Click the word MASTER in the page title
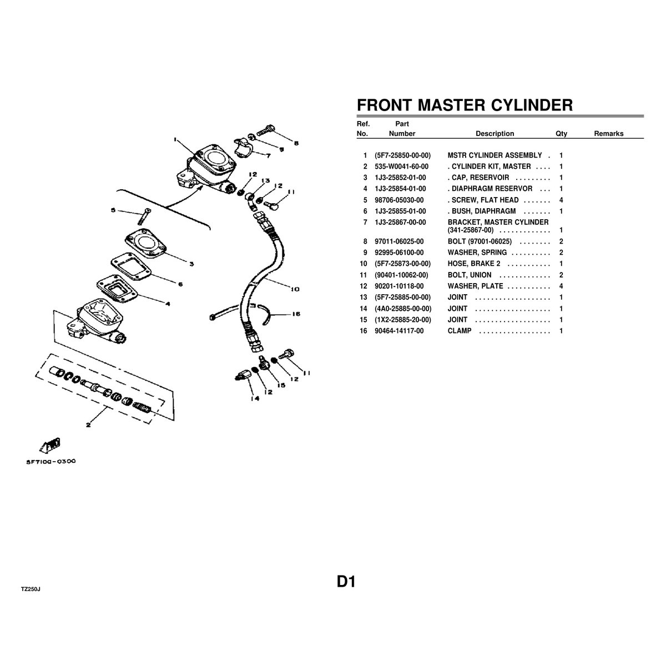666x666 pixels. [x=451, y=105]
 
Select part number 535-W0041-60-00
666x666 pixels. [x=401, y=167]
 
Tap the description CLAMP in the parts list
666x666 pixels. [x=460, y=331]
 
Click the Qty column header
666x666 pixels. [x=561, y=134]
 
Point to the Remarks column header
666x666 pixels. [x=609, y=134]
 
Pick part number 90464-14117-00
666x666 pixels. [x=399, y=331]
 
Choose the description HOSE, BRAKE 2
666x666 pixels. [x=474, y=264]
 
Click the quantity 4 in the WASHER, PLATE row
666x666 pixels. [x=561, y=286]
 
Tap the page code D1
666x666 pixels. [x=346, y=582]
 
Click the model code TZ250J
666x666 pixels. [x=31, y=589]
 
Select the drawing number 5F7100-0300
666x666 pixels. [x=51, y=461]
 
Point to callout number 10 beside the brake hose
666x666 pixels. [x=295, y=289]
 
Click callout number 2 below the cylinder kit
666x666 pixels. [x=88, y=425]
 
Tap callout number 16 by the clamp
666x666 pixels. [x=296, y=314]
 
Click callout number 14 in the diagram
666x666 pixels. [x=255, y=398]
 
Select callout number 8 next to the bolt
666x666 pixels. [x=296, y=143]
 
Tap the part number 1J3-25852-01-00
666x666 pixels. [x=400, y=178]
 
